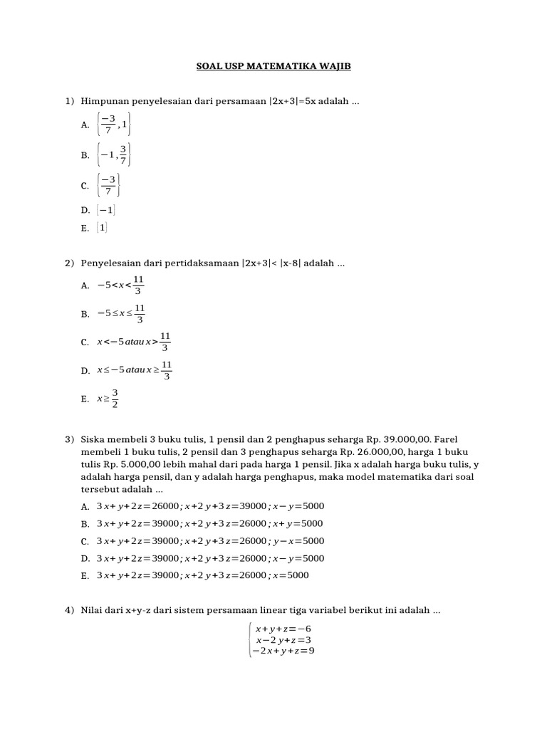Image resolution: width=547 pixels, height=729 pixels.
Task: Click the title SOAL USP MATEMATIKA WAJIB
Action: click(273, 66)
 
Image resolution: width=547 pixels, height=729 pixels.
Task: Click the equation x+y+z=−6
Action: click(283, 629)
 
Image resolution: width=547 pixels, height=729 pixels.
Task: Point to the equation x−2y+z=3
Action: click(283, 639)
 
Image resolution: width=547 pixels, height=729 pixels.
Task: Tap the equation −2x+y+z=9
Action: click(283, 651)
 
